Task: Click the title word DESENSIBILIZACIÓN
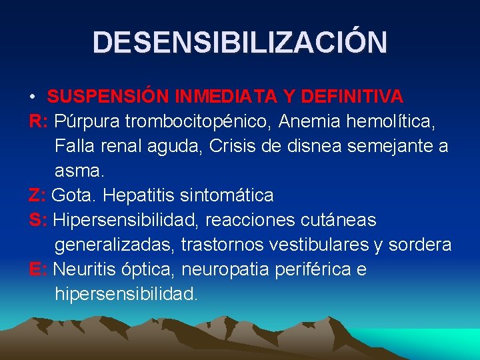(240, 42)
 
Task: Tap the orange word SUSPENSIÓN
(107, 97)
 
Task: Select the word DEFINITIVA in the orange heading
(352, 97)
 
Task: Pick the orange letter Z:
(37, 195)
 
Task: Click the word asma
(79, 171)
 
